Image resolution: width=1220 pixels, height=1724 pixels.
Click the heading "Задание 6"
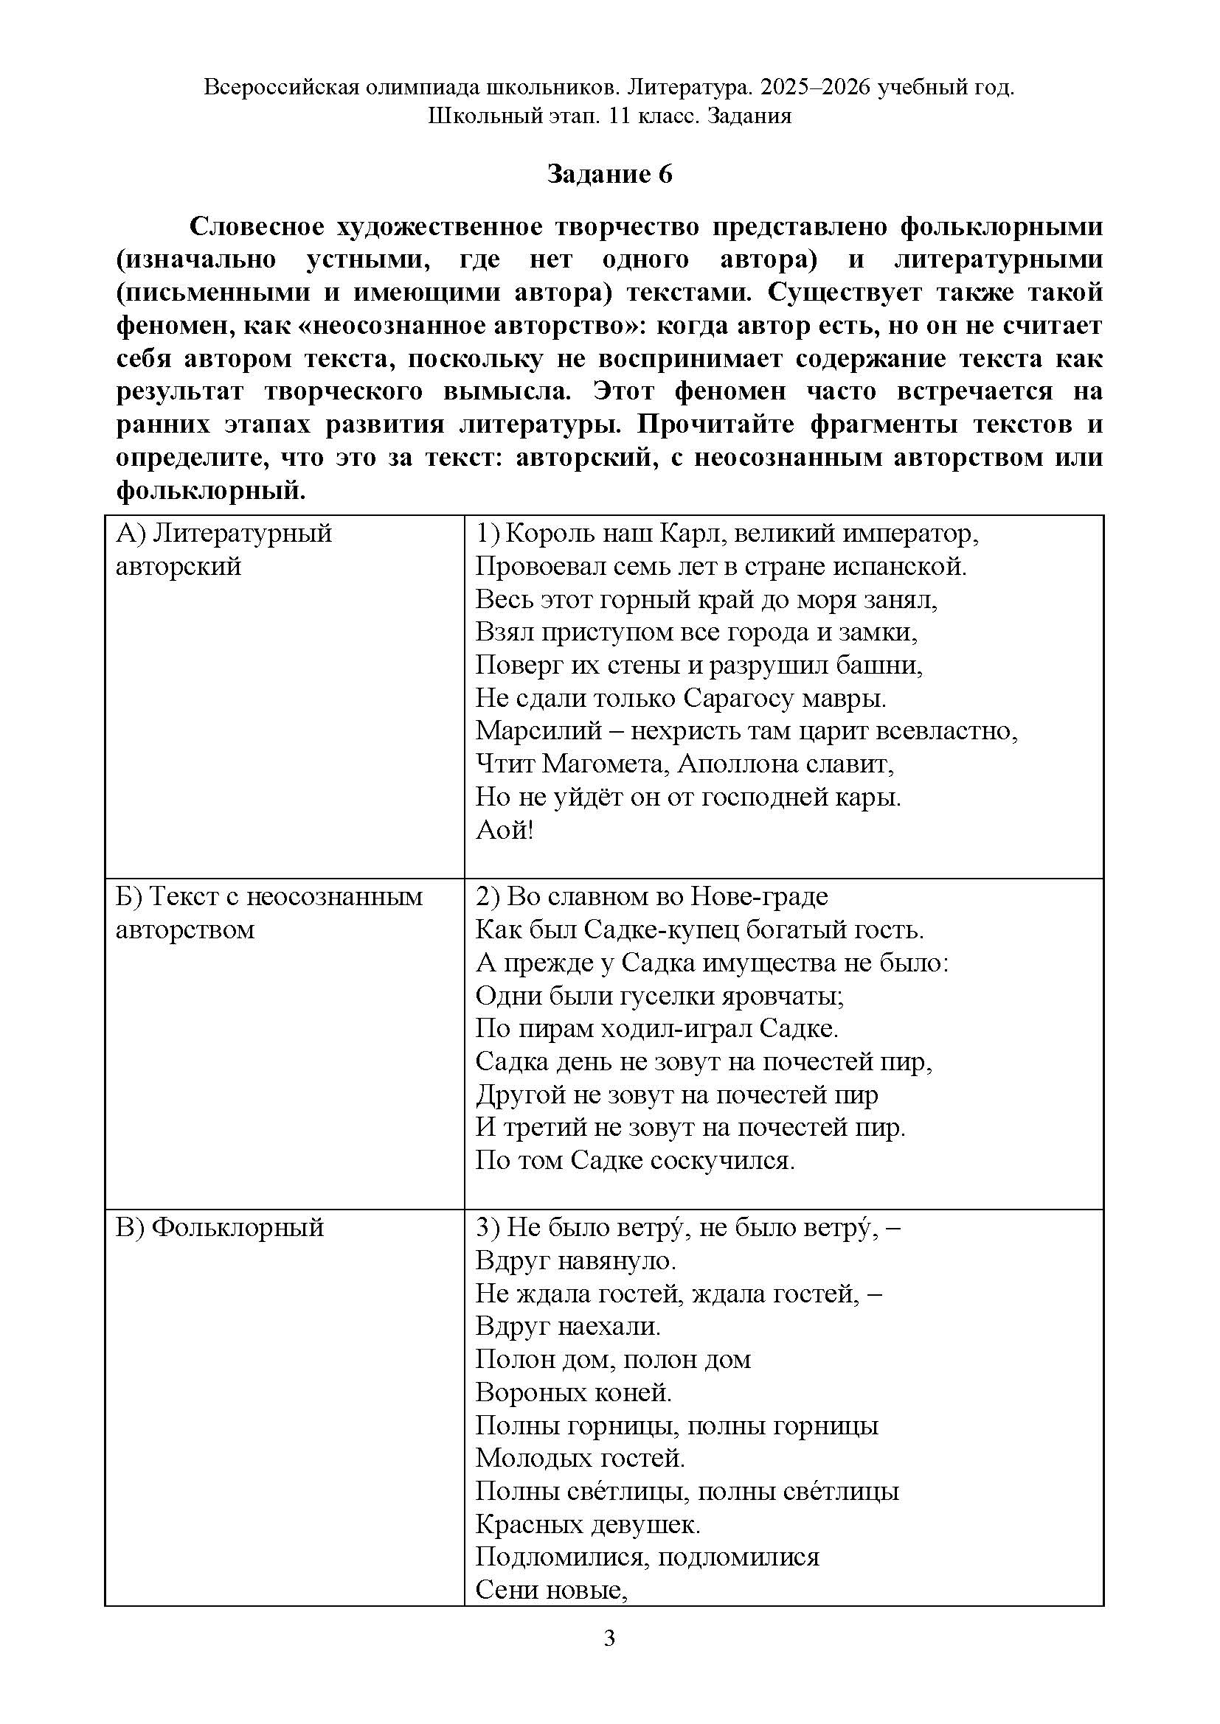coord(609,174)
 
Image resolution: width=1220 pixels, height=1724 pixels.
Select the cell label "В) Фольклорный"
coord(219,1227)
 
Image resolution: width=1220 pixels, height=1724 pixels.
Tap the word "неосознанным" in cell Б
coord(334,896)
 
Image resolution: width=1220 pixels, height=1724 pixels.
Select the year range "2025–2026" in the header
coord(815,88)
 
